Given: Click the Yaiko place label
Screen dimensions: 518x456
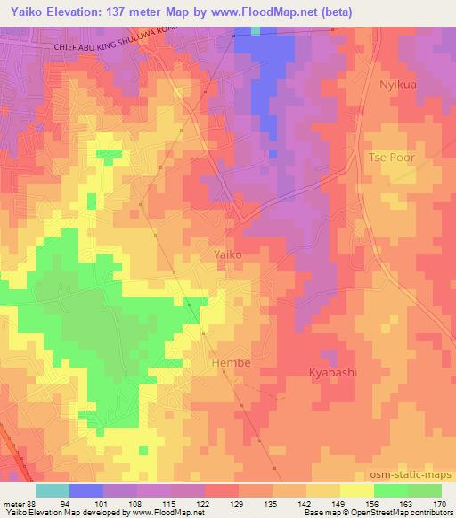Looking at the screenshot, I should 228,255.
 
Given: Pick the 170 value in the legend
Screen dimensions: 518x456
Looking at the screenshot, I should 440,505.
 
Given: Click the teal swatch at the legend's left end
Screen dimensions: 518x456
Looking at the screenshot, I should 53,490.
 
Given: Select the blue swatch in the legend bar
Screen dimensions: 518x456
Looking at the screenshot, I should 85,490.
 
